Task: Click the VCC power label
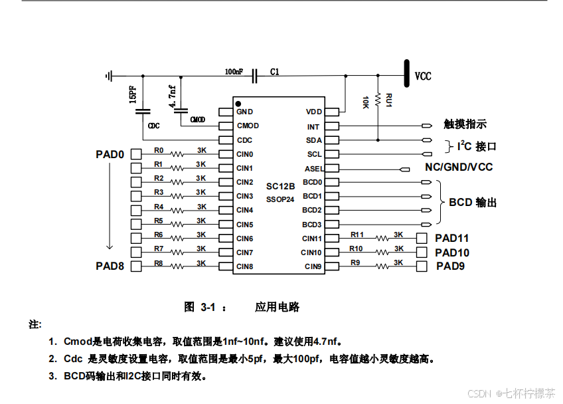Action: (x=423, y=76)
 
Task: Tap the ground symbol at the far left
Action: (x=109, y=76)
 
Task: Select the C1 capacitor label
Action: (x=275, y=71)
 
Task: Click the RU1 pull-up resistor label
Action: (x=389, y=100)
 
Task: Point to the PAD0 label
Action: (x=110, y=154)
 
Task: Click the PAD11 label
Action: (x=452, y=238)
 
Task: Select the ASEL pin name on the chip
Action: (x=313, y=169)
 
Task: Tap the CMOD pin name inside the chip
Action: (x=248, y=126)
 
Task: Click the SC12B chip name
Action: (x=280, y=187)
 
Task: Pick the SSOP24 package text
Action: (x=280, y=199)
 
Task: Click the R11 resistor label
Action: (x=357, y=235)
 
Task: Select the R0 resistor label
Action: (x=159, y=151)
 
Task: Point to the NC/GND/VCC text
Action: (x=459, y=167)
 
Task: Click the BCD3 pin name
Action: (x=312, y=225)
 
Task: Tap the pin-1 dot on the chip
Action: (x=238, y=104)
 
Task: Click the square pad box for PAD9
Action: (x=422, y=266)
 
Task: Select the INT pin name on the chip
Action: (x=313, y=126)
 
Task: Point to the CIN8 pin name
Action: (x=244, y=266)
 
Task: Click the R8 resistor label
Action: (x=159, y=263)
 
